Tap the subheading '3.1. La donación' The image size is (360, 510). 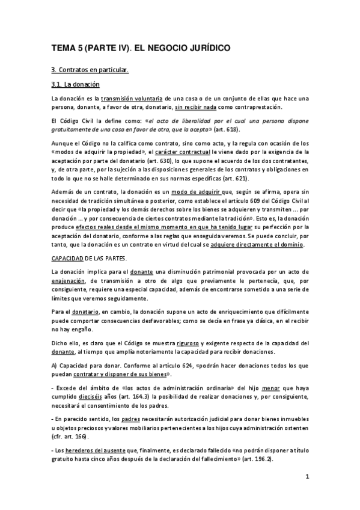[75, 85]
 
